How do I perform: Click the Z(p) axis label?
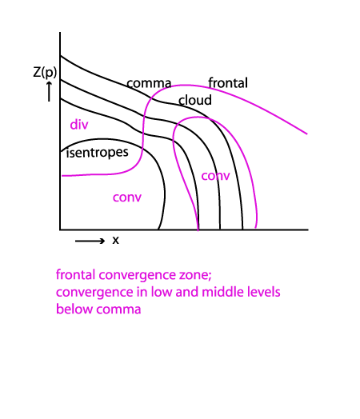point(45,72)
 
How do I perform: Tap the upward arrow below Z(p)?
point(49,92)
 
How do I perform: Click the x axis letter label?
point(115,240)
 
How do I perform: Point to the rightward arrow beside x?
point(90,241)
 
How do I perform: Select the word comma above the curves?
point(149,83)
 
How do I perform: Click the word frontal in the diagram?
point(228,83)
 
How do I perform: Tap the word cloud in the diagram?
point(195,100)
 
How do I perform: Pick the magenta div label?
point(79,125)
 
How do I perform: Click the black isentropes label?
point(98,153)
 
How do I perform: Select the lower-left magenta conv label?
point(127,198)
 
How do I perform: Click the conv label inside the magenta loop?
point(215,176)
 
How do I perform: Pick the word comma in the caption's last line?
point(118,310)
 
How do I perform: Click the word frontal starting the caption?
point(76,275)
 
